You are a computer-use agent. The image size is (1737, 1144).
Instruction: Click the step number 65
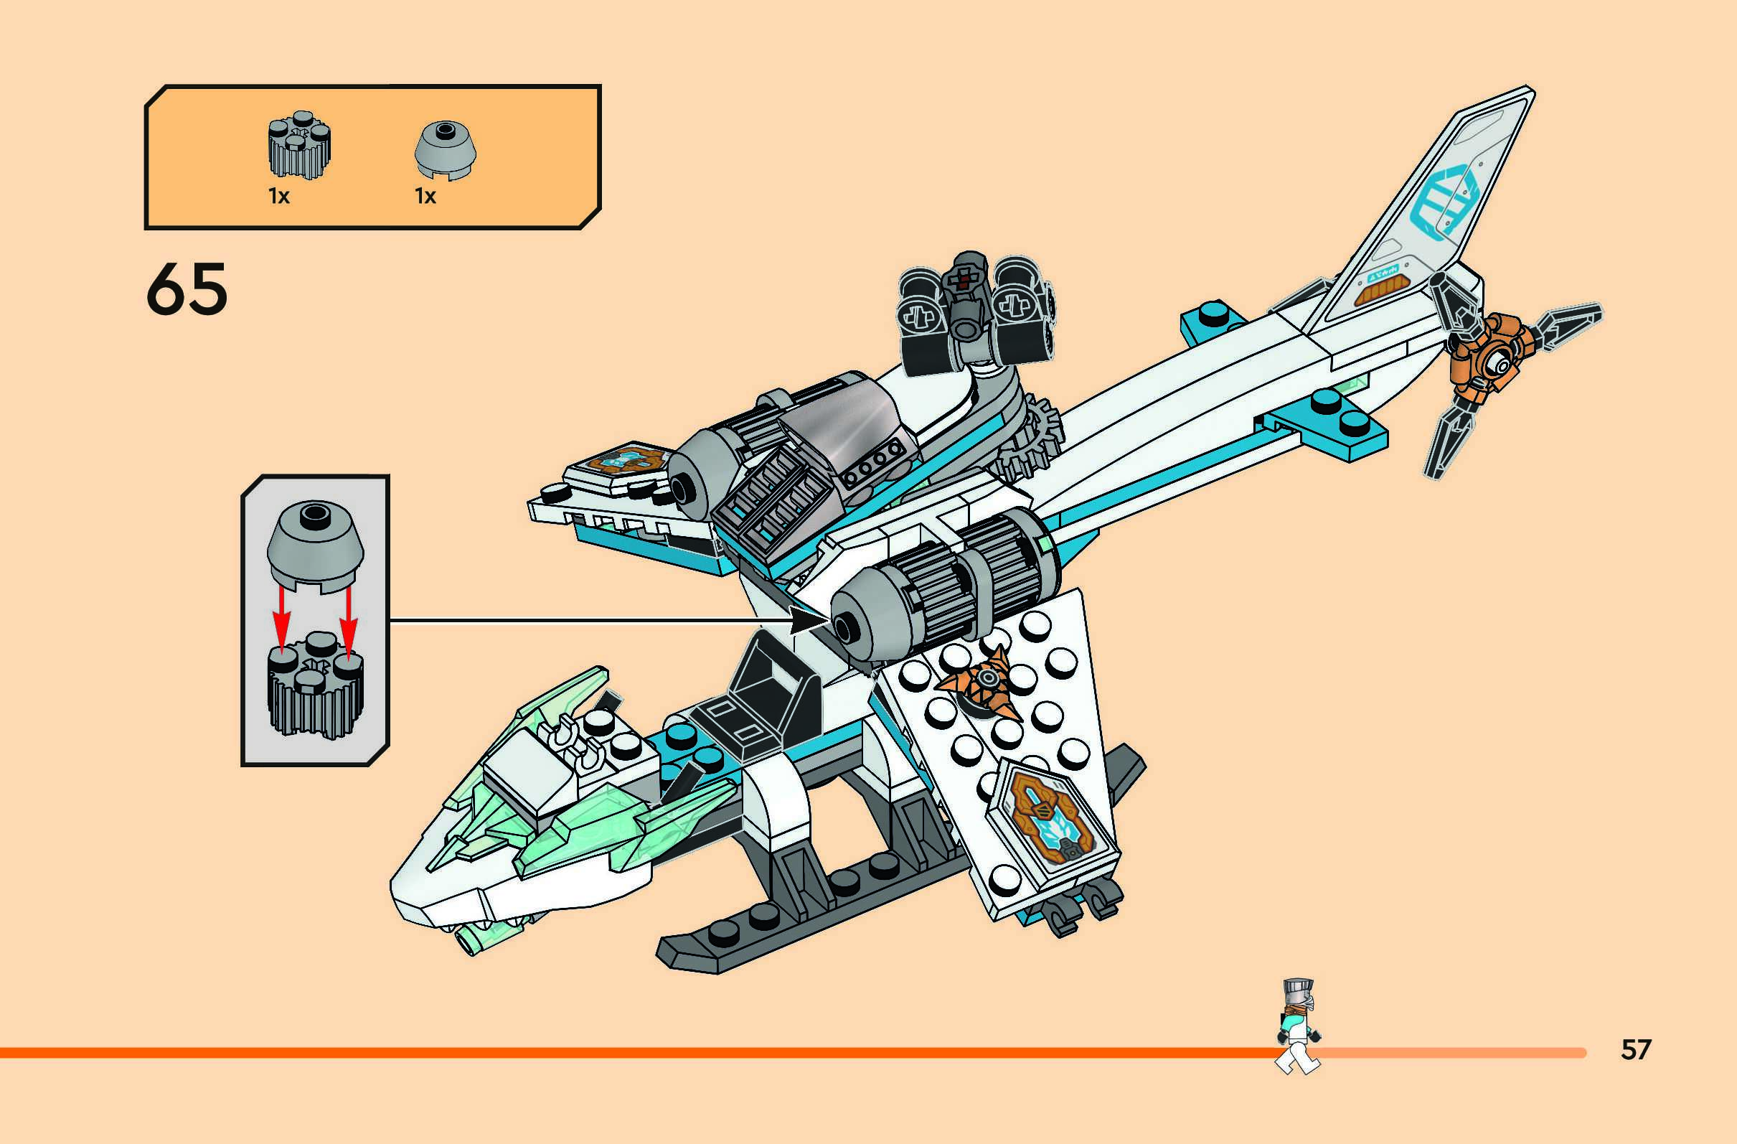187,290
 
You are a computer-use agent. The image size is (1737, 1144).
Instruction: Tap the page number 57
1637,1049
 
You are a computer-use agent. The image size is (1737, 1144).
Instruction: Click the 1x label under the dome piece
425,197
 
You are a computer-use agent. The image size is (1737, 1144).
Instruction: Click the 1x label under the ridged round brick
279,197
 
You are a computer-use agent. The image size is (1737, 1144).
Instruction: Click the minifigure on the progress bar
1299,1026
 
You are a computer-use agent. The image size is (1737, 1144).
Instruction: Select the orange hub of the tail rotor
1489,361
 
